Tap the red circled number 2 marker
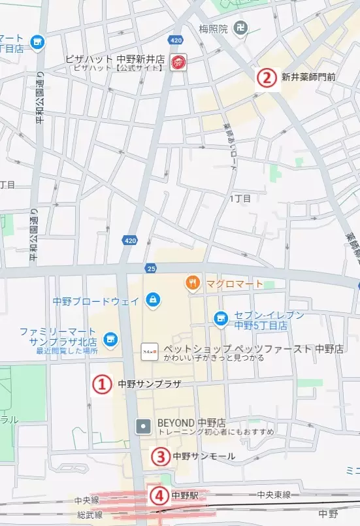265,78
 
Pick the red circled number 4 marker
157,495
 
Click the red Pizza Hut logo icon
177,63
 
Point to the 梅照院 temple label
213,29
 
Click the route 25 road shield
151,269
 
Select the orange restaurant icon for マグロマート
192,283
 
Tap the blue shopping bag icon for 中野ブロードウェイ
152,301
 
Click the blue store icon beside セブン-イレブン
221,318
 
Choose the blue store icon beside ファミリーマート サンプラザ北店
110,338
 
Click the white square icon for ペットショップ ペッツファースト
149,352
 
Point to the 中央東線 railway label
274,495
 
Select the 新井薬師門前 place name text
308,78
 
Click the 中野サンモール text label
204,456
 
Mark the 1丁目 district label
240,198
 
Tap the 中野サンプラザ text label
149,384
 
